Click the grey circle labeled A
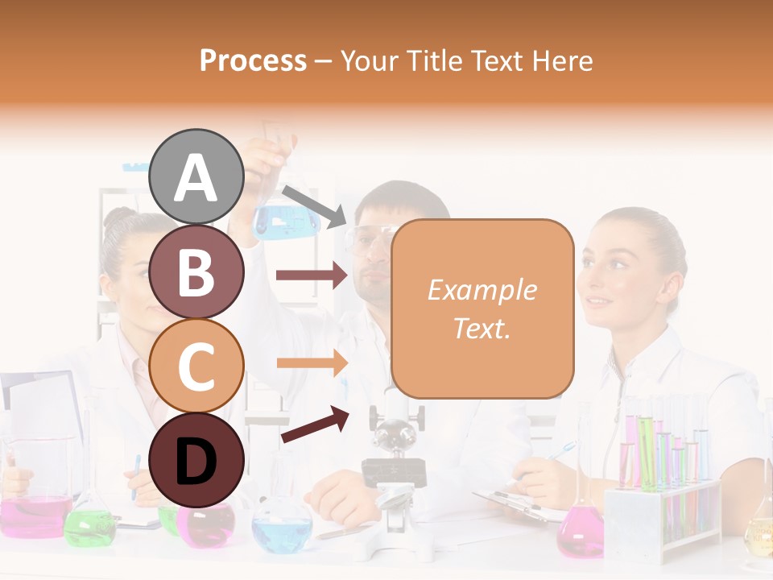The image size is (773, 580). (196, 176)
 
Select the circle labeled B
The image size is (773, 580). (196, 271)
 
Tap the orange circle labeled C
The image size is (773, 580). (196, 366)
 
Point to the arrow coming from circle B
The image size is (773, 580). (312, 275)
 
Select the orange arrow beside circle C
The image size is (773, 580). (312, 363)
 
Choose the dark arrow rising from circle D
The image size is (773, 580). (315, 425)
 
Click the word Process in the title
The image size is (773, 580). (253, 60)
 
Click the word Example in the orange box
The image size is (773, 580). (482, 290)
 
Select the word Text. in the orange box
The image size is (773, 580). (482, 329)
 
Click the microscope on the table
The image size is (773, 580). (394, 467)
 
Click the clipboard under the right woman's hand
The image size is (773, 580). (515, 503)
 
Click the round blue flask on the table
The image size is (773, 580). (282, 528)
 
